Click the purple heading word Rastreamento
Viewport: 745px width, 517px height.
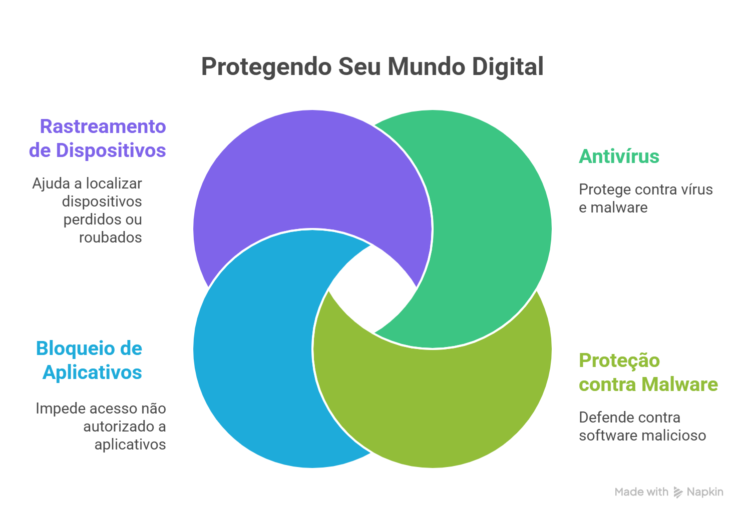(103, 126)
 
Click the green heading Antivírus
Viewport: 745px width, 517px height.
(619, 156)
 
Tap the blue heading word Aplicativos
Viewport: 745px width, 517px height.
(93, 372)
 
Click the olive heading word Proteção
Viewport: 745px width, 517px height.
(619, 361)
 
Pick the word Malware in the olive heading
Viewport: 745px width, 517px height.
(680, 384)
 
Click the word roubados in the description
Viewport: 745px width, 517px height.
(111, 237)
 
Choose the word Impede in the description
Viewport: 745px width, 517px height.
(57, 409)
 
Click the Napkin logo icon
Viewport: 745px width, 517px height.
(678, 492)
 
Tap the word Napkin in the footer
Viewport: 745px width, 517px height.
(705, 492)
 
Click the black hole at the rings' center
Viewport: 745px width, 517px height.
(373, 289)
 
